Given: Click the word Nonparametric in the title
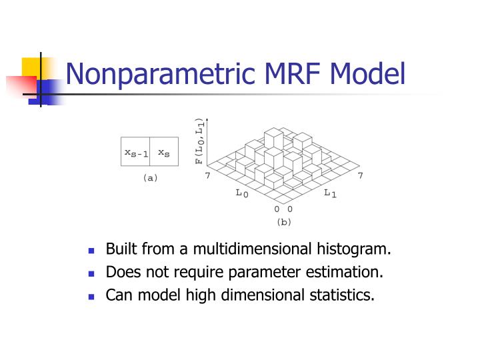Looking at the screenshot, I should (159, 73).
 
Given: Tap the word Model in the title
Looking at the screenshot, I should (371, 73).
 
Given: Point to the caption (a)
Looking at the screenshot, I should (150, 178).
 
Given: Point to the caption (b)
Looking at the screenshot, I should (284, 221).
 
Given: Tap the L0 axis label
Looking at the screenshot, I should (241, 193).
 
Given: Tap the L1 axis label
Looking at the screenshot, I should (330, 193).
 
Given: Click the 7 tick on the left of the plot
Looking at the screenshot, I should (207, 175).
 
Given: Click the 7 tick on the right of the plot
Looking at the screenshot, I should (360, 175).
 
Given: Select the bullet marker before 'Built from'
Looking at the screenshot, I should (92, 251).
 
